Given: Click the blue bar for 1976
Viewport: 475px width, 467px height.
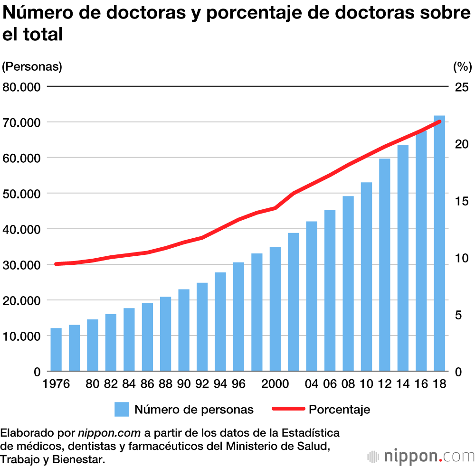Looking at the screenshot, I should click(x=56, y=349).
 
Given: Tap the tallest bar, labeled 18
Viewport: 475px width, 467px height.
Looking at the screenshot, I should click(x=439, y=243).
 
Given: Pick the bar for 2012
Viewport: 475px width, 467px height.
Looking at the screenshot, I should click(x=385, y=264).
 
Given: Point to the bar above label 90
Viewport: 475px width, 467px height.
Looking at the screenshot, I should click(x=184, y=330).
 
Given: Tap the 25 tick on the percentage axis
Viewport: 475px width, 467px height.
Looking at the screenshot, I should click(x=462, y=87).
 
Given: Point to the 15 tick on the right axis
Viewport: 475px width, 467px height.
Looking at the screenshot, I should click(x=462, y=201).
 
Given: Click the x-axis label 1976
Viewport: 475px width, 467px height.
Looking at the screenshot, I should click(x=56, y=384).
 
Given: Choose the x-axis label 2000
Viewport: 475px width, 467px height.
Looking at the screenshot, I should click(x=275, y=384).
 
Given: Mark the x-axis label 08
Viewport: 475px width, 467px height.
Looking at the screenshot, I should click(x=348, y=384).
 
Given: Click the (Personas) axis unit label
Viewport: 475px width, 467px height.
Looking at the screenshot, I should click(x=32, y=67).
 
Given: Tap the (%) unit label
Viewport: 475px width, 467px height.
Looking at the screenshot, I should click(x=461, y=67).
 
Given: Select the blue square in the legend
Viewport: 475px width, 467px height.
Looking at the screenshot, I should click(x=122, y=409).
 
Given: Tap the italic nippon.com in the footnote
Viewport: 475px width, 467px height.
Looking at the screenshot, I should click(x=109, y=433).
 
